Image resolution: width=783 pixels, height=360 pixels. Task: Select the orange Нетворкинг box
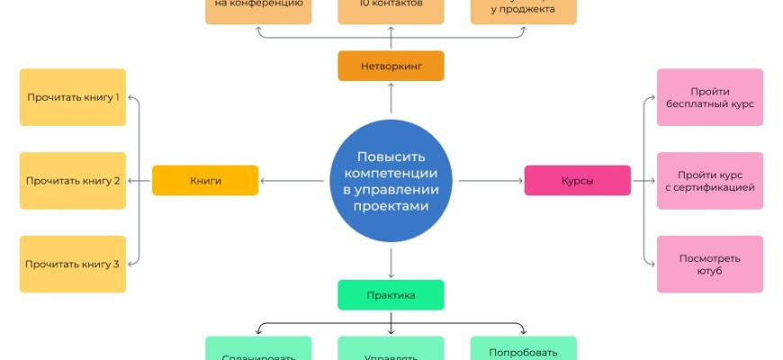[391, 66]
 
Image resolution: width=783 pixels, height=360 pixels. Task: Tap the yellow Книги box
[205, 180]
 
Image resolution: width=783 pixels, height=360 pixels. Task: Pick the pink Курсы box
[577, 180]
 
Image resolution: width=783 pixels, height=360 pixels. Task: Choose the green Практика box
[391, 294]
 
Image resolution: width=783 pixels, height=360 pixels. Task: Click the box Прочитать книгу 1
[73, 96]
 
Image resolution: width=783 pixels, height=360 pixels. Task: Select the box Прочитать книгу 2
[73, 180]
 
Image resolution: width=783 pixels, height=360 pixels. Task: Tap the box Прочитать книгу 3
[73, 264]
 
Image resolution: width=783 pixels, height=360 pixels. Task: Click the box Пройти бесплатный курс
[709, 97]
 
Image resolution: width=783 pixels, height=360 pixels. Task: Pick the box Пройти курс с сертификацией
[709, 180]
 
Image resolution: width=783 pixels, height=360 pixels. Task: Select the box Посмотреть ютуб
[709, 264]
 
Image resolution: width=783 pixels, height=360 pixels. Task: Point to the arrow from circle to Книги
[292, 181]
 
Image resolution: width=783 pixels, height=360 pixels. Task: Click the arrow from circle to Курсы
[490, 181]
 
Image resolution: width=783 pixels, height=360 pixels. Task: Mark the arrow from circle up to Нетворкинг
[391, 99]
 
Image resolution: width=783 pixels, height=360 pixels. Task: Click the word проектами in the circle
[391, 206]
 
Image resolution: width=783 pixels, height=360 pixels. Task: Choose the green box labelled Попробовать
[523, 351]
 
